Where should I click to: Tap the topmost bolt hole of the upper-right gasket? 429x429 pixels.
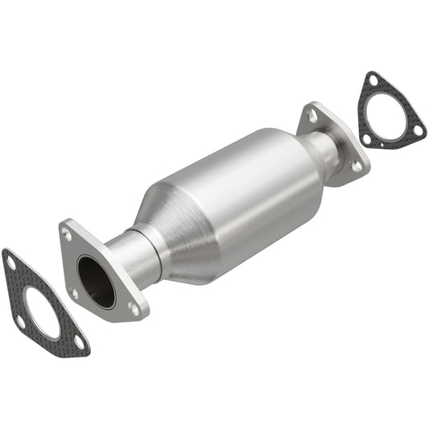373,80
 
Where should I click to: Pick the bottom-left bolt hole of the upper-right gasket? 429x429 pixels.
367,139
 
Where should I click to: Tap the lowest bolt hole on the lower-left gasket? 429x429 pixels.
78,341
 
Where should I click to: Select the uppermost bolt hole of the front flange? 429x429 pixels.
68,237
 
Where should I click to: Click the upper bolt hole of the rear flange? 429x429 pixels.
311,116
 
